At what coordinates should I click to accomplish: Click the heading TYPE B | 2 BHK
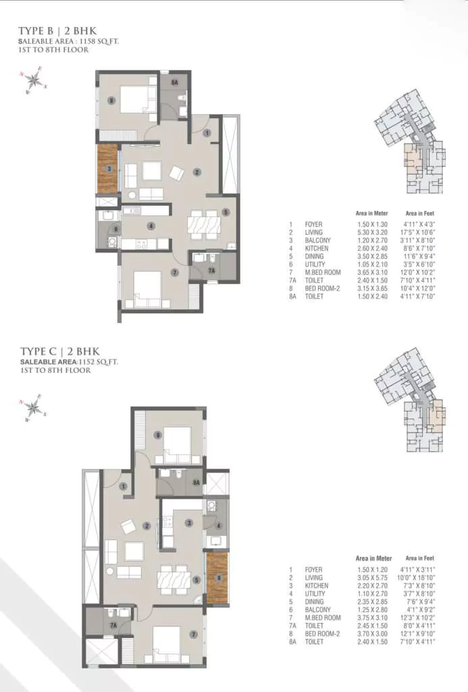click(59, 31)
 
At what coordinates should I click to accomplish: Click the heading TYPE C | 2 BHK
click(59, 351)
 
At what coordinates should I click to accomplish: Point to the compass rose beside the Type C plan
click(34, 407)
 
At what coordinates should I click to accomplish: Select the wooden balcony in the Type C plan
click(217, 578)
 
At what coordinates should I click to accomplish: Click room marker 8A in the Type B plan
click(174, 82)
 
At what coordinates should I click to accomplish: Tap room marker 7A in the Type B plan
click(211, 270)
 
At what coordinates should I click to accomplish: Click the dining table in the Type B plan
click(203, 222)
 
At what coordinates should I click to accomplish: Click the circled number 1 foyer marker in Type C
click(124, 486)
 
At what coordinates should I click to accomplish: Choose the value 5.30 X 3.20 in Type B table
click(370, 232)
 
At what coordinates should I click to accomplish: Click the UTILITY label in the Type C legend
click(315, 594)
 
